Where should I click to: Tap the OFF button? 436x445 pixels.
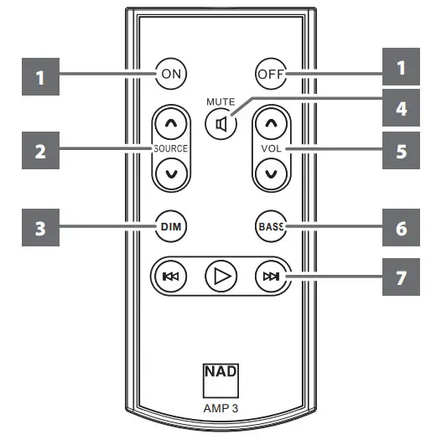point(270,74)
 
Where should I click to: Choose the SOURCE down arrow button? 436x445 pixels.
point(172,173)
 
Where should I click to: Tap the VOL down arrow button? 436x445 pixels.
point(270,173)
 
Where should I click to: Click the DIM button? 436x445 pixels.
point(172,226)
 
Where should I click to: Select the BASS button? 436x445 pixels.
point(270,226)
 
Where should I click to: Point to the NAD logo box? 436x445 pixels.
point(219,376)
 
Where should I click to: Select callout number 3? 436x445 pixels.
point(39,227)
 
